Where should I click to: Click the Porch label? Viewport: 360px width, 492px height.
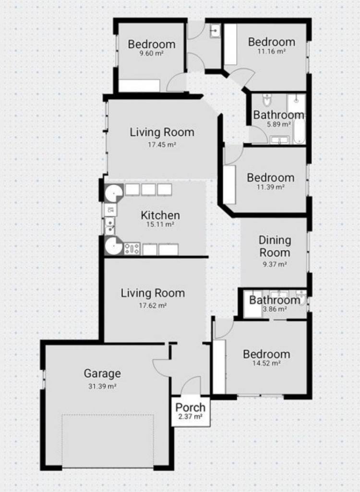click(x=191, y=407)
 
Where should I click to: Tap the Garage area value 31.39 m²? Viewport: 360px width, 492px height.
click(x=102, y=386)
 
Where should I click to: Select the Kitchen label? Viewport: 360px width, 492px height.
click(x=160, y=215)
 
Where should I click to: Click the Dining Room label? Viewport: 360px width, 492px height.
click(x=275, y=246)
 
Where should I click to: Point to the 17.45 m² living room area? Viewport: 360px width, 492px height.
click(x=162, y=145)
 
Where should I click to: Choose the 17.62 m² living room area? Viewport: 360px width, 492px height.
click(x=153, y=305)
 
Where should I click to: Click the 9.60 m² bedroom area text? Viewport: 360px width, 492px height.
click(x=152, y=53)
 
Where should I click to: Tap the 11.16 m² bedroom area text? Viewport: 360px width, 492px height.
click(x=272, y=51)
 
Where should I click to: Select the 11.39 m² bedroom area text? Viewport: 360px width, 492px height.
click(x=270, y=187)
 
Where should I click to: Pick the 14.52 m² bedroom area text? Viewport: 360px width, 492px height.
click(x=266, y=363)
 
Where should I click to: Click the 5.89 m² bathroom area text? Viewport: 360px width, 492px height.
click(x=278, y=124)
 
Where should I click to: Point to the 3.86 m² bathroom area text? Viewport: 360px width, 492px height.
click(x=274, y=309)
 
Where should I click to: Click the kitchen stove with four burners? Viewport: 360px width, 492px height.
click(x=132, y=249)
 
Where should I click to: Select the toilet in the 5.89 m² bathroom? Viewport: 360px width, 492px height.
click(x=267, y=100)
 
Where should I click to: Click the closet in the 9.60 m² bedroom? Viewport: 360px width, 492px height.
click(x=139, y=86)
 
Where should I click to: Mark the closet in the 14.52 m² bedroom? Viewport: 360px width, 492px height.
click(x=219, y=367)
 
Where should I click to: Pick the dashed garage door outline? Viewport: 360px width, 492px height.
click(x=108, y=441)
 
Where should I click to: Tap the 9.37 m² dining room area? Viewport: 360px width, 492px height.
click(x=275, y=264)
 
